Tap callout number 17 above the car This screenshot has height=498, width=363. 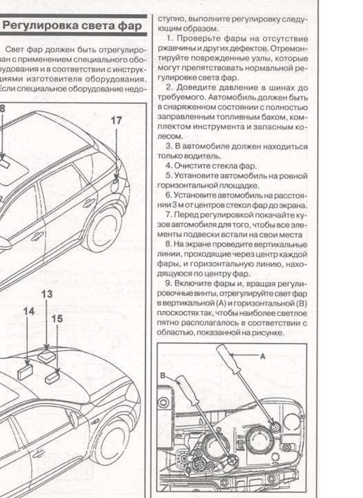click(116, 120)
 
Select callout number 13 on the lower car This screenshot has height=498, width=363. click(47, 294)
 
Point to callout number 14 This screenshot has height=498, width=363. click(29, 312)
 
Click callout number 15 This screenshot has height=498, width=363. click(57, 318)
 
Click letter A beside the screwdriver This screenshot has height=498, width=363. click(263, 356)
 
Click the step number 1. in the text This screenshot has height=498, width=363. click(169, 39)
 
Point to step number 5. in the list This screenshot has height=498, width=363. click(169, 176)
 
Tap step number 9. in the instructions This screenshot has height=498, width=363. click(169, 283)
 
